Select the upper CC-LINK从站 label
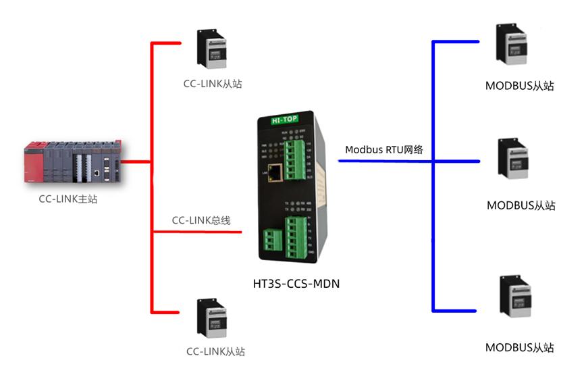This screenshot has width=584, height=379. point(213,84)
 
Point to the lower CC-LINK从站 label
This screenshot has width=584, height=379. point(215,351)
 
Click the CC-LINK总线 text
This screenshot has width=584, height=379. point(201,220)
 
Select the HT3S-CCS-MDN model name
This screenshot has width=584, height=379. point(292,284)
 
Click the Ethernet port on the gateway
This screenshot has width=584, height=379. point(275,172)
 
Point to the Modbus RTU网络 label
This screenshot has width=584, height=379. point(384,149)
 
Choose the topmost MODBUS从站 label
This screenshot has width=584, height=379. point(520,86)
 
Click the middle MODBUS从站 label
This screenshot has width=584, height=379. point(521,205)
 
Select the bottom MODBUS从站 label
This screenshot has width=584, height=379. point(520,348)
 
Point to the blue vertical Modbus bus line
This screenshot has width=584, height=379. point(433,176)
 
